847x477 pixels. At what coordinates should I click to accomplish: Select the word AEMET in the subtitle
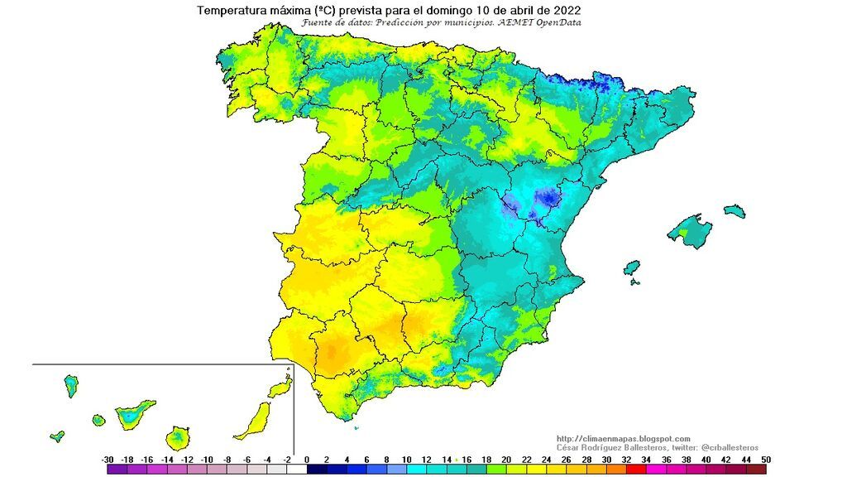pyautogui.click(x=519, y=23)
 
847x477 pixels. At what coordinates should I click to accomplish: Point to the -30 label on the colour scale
pyautogui.click(x=108, y=459)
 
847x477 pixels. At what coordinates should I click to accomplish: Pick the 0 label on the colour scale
pyautogui.click(x=306, y=459)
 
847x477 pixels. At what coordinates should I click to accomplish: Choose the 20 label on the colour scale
pyautogui.click(x=505, y=459)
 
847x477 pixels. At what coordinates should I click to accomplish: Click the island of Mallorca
pyautogui.click(x=690, y=229)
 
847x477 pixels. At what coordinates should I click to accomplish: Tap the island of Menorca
pyautogui.click(x=734, y=211)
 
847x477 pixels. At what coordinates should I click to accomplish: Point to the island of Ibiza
pyautogui.click(x=632, y=268)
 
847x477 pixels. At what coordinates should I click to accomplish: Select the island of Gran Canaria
pyautogui.click(x=178, y=436)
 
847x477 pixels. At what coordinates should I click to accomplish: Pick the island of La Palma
pyautogui.click(x=71, y=385)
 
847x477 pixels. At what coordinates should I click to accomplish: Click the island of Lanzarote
pyautogui.click(x=281, y=388)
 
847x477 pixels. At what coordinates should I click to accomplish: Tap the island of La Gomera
pyautogui.click(x=98, y=421)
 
